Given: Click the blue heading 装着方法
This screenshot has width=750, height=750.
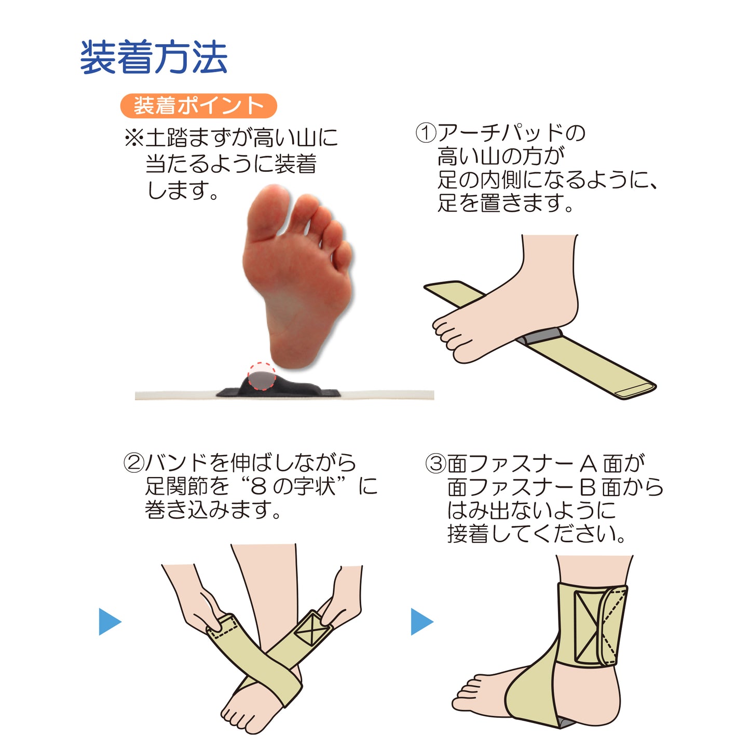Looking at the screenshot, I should tap(154, 58).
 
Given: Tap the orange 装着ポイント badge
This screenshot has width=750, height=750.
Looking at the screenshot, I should tap(198, 106).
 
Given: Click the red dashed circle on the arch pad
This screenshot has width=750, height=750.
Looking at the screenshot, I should tap(261, 376).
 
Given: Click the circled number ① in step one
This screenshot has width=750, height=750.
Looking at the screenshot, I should tap(426, 133).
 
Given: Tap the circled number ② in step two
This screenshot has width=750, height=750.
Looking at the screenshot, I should tap(133, 462).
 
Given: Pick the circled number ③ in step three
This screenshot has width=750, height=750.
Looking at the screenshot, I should tap(435, 463).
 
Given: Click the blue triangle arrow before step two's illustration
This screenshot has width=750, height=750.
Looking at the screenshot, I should tap(109, 621).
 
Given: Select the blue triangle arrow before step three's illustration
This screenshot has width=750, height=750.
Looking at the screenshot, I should tap(421, 621).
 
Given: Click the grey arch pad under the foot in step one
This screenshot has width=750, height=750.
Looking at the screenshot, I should tap(540, 337).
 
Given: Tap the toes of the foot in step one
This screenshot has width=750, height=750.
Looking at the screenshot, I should tap(446, 335).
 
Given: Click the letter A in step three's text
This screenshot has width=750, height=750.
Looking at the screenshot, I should tap(589, 463).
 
